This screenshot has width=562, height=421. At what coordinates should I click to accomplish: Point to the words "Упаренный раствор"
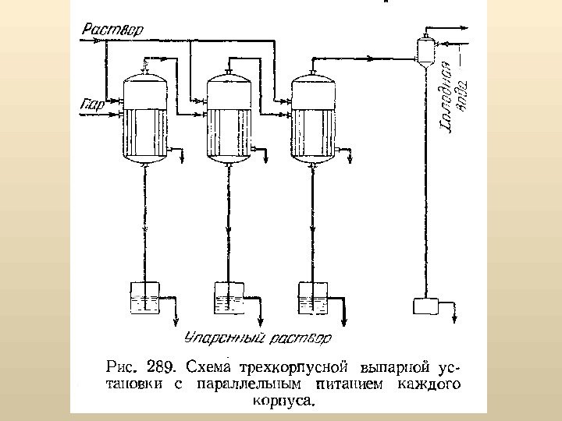tap(256, 338)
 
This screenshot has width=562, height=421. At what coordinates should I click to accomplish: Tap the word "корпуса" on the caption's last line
tap(283, 402)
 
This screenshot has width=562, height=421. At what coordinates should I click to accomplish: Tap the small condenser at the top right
tap(425, 49)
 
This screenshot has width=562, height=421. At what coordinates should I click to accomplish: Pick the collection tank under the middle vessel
tap(229, 299)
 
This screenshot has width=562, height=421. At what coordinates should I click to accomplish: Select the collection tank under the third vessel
tap(314, 299)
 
